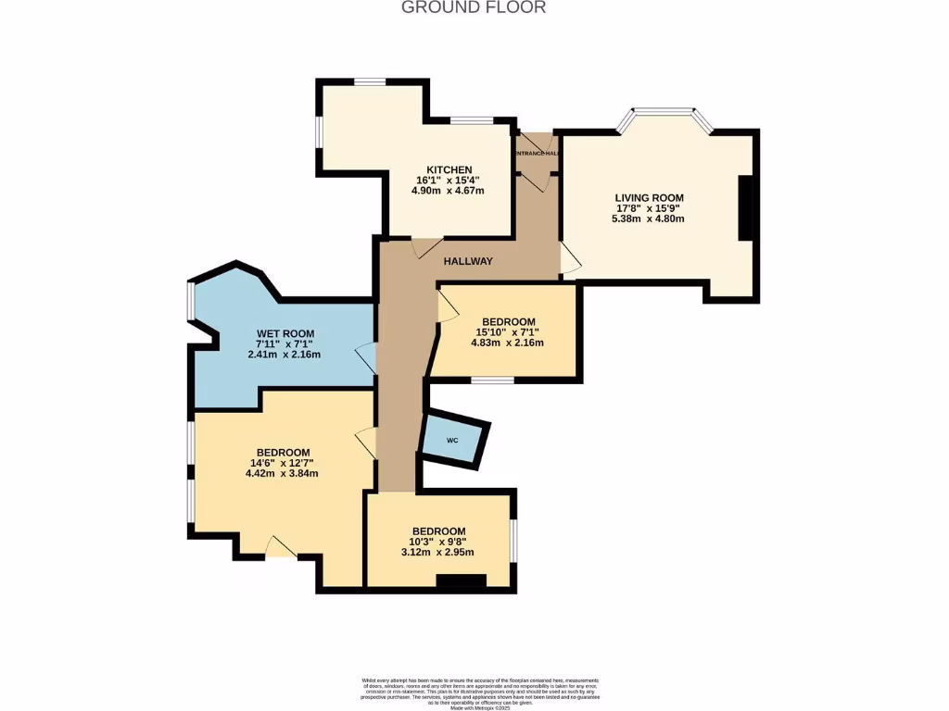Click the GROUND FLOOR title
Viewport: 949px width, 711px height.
pyautogui.click(x=474, y=7)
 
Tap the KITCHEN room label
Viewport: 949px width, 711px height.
pyautogui.click(x=449, y=168)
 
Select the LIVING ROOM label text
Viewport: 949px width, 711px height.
pyautogui.click(x=649, y=197)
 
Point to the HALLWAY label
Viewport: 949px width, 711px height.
pyautogui.click(x=468, y=261)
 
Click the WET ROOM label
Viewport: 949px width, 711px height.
pyautogui.click(x=285, y=333)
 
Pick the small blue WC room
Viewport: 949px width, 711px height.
pyautogui.click(x=452, y=440)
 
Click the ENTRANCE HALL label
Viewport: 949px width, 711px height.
pyautogui.click(x=537, y=153)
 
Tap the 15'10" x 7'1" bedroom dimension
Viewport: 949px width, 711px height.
pyautogui.click(x=508, y=332)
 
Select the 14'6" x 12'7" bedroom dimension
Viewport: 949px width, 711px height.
pyautogui.click(x=282, y=463)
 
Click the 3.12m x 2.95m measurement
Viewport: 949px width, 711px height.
pyautogui.click(x=439, y=553)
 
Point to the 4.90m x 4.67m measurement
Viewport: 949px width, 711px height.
pyautogui.click(x=449, y=191)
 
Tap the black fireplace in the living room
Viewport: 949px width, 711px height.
pyautogui.click(x=745, y=208)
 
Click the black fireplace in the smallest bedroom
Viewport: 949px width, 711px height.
pyautogui.click(x=461, y=582)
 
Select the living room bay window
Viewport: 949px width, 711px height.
pyautogui.click(x=665, y=115)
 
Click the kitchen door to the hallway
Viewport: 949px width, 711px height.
pyautogui.click(x=426, y=247)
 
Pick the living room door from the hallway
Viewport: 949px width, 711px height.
pyautogui.click(x=569, y=258)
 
